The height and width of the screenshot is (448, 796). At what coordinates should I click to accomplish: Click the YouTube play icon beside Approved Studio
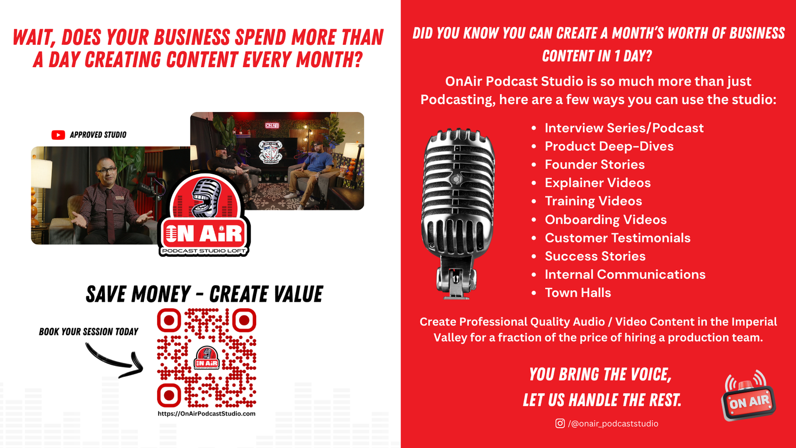pos(58,135)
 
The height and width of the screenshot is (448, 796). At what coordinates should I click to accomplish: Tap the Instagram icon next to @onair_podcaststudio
pos(560,423)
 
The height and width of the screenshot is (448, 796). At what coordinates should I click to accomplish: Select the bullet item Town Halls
pos(578,293)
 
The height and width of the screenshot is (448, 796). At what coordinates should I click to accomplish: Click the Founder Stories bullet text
pos(595,165)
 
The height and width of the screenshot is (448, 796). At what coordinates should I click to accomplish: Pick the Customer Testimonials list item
pos(617,238)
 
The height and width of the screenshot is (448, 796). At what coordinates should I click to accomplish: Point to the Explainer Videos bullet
pos(597,183)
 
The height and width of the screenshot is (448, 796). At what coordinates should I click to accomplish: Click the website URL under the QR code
pos(206,414)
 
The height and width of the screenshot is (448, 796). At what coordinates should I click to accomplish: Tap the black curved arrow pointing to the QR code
pos(114,361)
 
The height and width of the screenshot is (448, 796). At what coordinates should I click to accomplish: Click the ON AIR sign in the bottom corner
pos(748,399)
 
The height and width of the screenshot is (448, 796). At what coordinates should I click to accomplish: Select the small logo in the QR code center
pos(206,358)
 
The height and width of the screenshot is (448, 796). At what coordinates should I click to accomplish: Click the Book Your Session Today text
pos(89,332)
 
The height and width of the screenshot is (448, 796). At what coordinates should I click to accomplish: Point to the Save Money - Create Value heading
pos(204,294)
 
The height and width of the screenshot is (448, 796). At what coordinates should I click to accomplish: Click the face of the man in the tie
pos(106,175)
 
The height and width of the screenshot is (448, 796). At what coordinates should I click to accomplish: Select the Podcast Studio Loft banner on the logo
pos(204,251)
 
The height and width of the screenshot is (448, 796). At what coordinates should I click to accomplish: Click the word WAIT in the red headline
pos(32,38)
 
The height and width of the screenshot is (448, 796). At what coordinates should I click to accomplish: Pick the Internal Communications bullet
pos(625,274)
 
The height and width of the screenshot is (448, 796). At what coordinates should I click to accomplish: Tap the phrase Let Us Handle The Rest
pos(602,400)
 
